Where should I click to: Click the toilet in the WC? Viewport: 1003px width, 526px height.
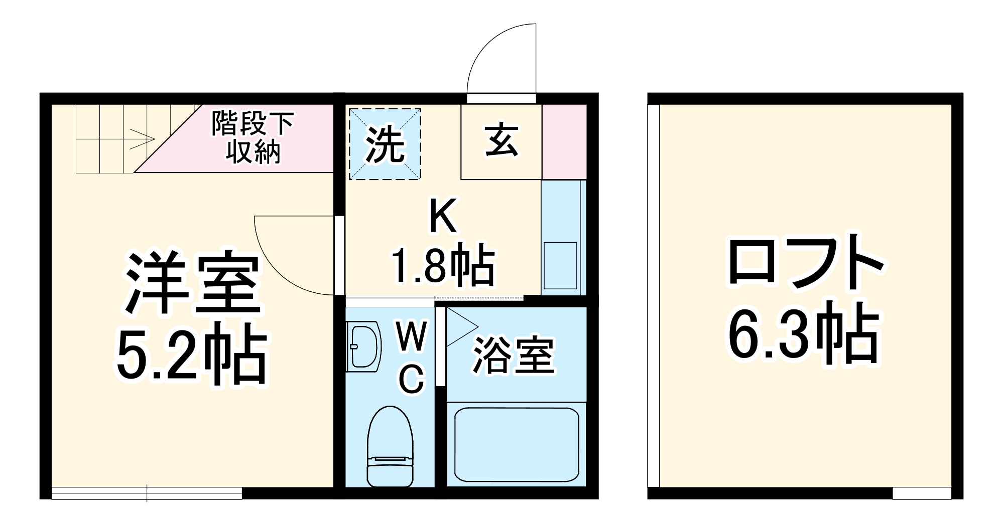pos(390,446)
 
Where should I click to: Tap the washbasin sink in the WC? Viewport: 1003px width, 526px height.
pos(363,347)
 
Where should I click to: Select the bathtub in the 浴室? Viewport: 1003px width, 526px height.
pos(516,444)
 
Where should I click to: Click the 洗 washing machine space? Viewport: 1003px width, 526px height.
pos(385,144)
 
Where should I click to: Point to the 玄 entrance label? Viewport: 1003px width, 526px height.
pos(501,141)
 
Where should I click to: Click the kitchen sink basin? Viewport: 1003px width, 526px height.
pos(560,265)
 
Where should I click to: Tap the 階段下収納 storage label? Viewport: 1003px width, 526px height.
pos(253,137)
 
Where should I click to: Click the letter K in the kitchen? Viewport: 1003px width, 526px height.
pos(443,216)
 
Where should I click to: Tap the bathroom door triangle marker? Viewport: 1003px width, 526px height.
pos(459,327)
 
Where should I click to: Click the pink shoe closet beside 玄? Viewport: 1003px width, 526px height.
pos(564,141)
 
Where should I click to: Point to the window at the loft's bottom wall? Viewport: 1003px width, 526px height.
pos(922,493)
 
